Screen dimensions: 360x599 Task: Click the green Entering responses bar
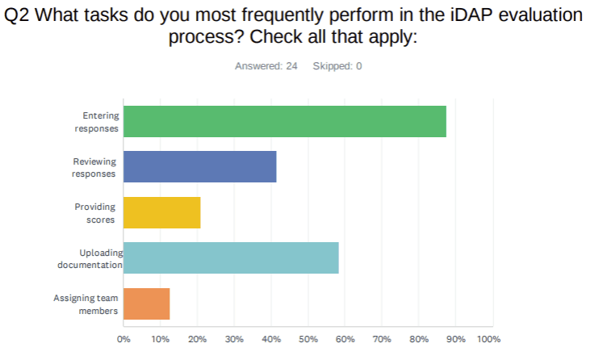(x=284, y=121)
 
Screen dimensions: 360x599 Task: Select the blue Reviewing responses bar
(x=199, y=166)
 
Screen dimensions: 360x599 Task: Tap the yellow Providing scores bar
(x=161, y=212)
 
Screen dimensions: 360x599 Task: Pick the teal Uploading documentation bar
(x=231, y=257)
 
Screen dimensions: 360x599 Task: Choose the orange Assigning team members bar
(x=146, y=303)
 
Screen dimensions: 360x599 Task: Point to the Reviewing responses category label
(x=94, y=167)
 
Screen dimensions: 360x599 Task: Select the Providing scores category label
(x=97, y=213)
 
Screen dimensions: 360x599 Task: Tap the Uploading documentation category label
(x=90, y=258)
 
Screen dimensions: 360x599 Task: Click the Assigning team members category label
(x=86, y=304)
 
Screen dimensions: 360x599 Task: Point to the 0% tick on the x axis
(x=124, y=339)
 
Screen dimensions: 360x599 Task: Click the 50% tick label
(x=308, y=339)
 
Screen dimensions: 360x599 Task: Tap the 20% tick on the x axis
(x=197, y=339)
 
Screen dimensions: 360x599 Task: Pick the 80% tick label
(x=418, y=339)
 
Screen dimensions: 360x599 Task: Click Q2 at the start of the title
(x=19, y=17)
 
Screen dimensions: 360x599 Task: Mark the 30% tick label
(x=234, y=339)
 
